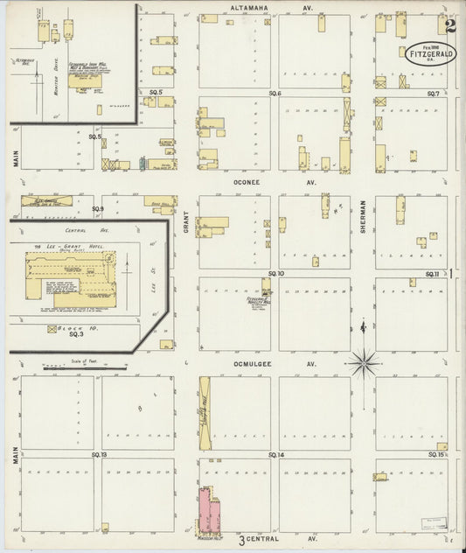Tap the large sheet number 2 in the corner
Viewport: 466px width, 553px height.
point(448,27)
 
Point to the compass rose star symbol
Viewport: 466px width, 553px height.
point(363,360)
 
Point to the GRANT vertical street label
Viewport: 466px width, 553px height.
point(186,224)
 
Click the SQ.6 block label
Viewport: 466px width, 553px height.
point(275,93)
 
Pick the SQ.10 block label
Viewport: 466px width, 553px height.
point(275,274)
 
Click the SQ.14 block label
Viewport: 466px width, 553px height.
point(276,455)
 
